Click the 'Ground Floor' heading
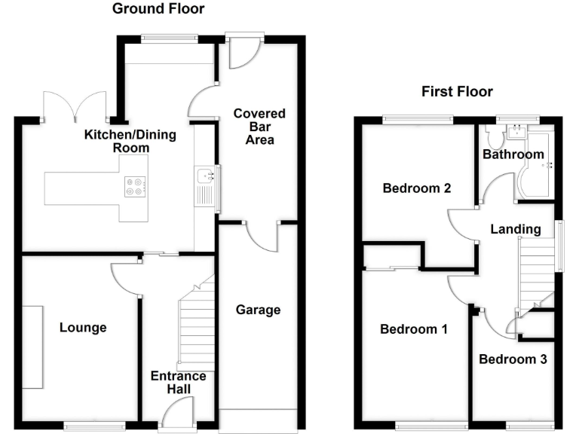click(x=158, y=9)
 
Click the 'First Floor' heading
click(x=457, y=92)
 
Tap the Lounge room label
click(x=83, y=328)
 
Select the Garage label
click(x=258, y=310)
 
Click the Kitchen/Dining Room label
click(x=130, y=142)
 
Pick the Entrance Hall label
click(x=179, y=382)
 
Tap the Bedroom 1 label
click(x=414, y=329)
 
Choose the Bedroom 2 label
click(x=417, y=188)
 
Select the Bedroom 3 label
click(x=513, y=359)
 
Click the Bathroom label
click(x=513, y=154)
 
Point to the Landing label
click(x=516, y=229)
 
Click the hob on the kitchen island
click(x=135, y=186)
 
